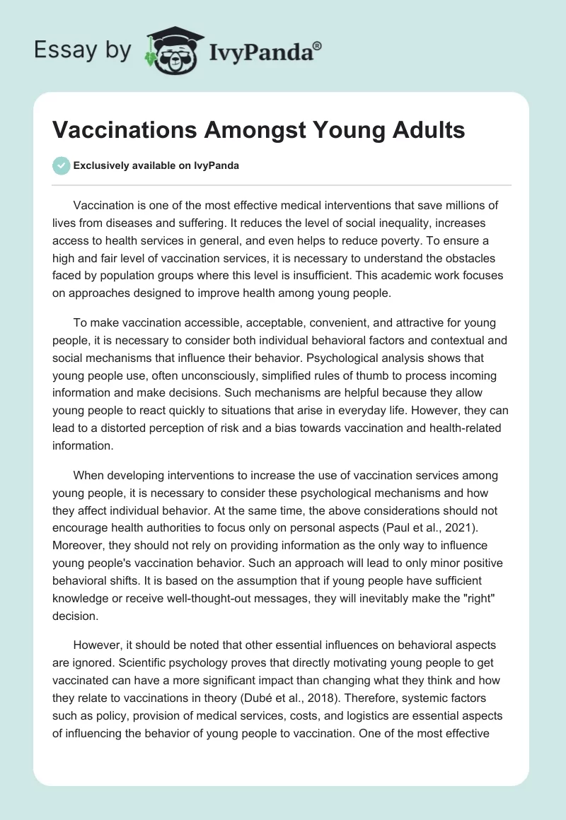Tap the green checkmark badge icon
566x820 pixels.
pyautogui.click(x=62, y=165)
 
